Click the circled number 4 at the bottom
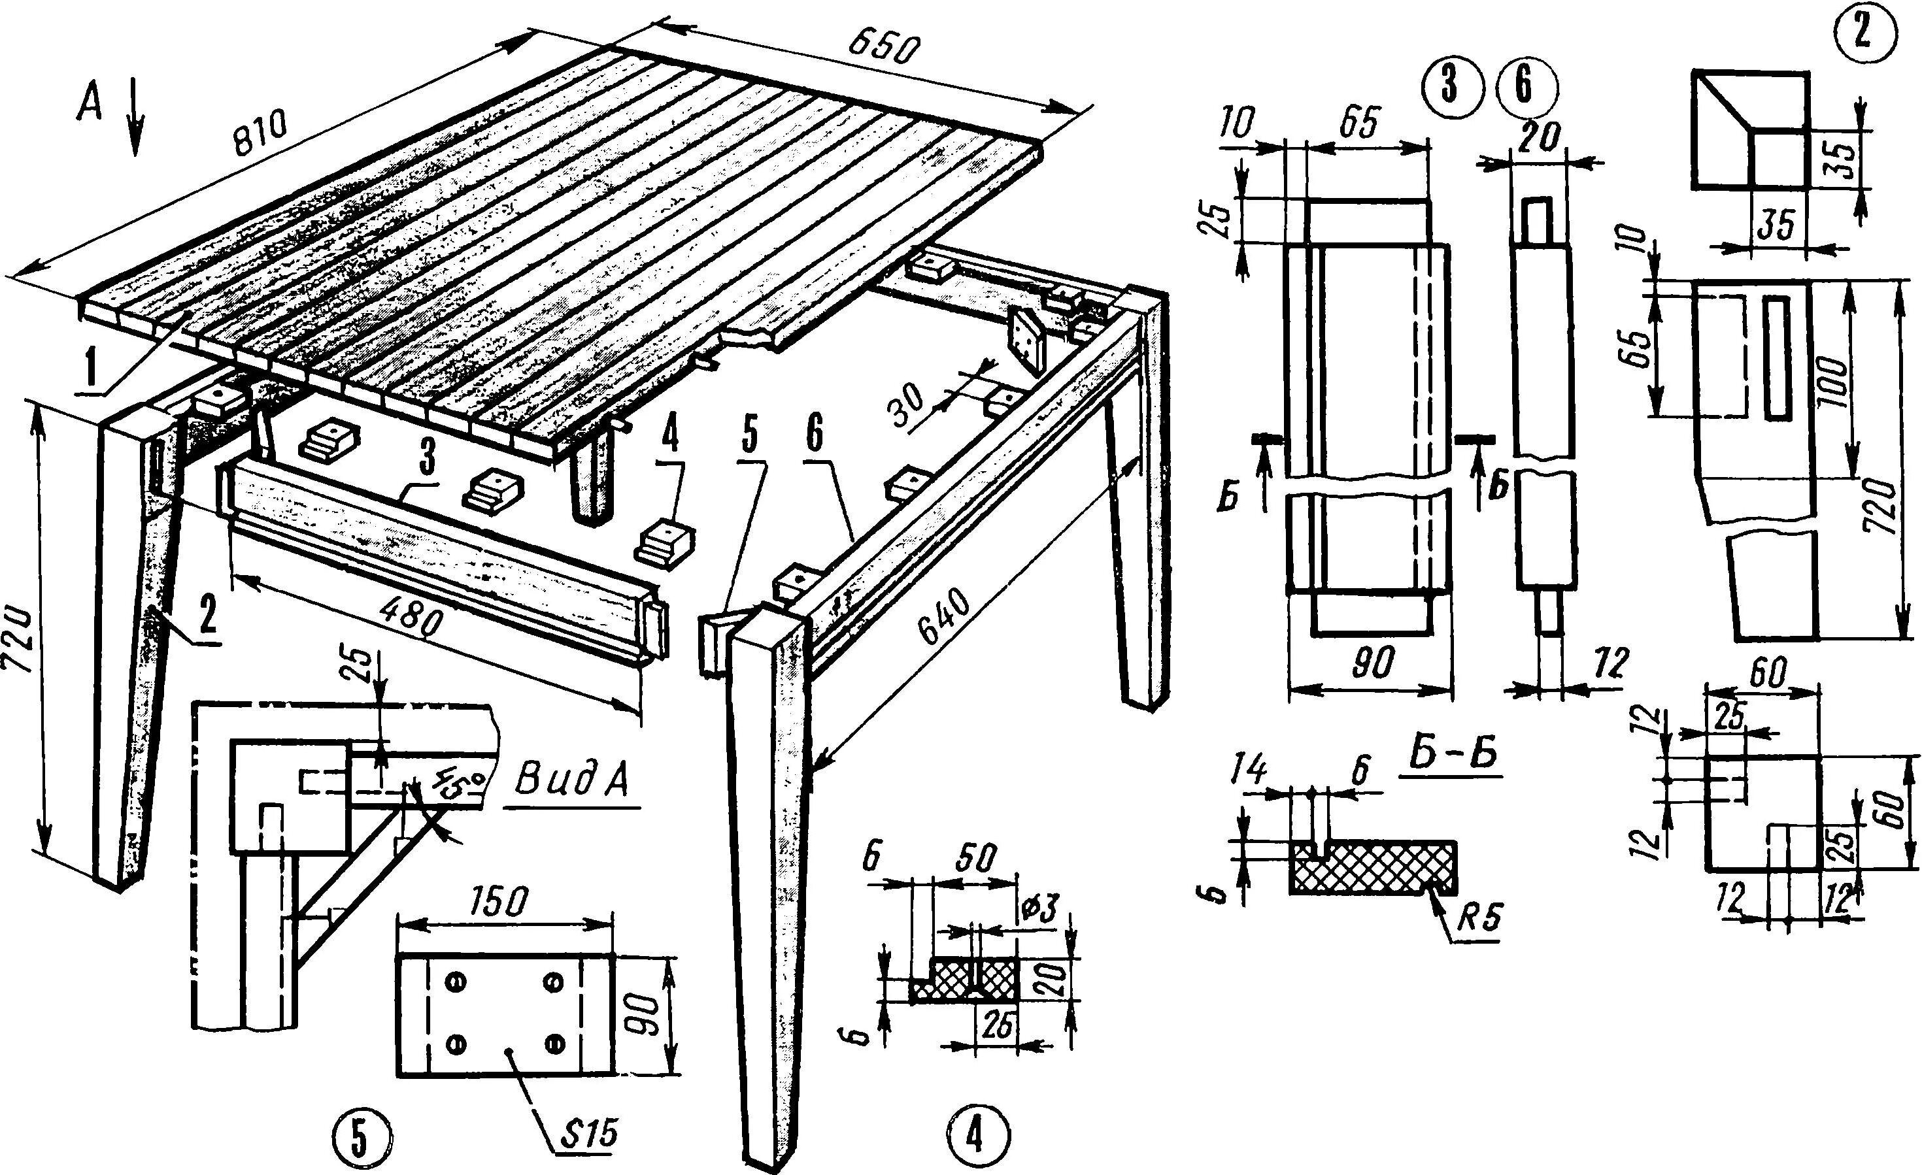click(x=974, y=1138)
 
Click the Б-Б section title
click(x=1453, y=759)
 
